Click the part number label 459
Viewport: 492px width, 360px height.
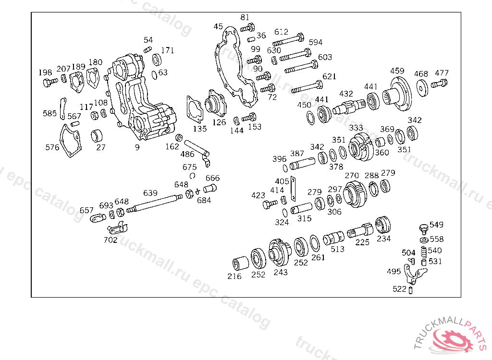(x=397, y=71)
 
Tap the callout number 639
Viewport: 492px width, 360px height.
(x=150, y=193)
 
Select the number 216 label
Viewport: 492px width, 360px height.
(x=234, y=276)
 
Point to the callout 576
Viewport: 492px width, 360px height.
(x=52, y=147)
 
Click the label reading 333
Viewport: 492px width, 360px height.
(x=356, y=128)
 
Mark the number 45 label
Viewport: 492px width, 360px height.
(x=218, y=27)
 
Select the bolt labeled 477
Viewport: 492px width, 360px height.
(x=439, y=84)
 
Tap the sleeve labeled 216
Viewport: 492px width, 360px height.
(x=239, y=264)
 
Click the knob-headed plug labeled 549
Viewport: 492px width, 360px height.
(x=424, y=227)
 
